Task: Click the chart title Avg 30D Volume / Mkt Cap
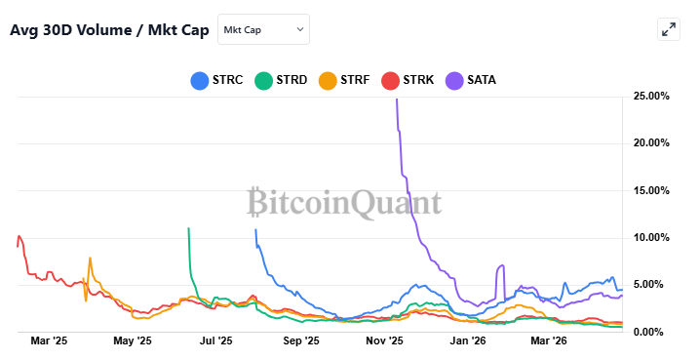pyautogui.click(x=109, y=29)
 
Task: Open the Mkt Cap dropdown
pyautogui.click(x=263, y=29)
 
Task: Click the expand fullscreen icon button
pyautogui.click(x=669, y=29)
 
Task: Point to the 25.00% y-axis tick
pyautogui.click(x=651, y=96)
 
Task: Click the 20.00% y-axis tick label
pyautogui.click(x=651, y=142)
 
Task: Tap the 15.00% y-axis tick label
pyautogui.click(x=651, y=190)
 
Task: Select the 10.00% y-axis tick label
pyautogui.click(x=651, y=237)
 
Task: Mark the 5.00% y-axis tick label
pyautogui.click(x=654, y=285)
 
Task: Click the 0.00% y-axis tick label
pyautogui.click(x=654, y=332)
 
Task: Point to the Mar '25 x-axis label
pyautogui.click(x=49, y=341)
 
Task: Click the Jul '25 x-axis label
pyautogui.click(x=215, y=341)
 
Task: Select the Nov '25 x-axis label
pyautogui.click(x=384, y=341)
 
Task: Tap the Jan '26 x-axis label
pyautogui.click(x=468, y=341)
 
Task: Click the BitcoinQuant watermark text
pyautogui.click(x=343, y=202)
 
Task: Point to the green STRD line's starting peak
pyautogui.click(x=188, y=228)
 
